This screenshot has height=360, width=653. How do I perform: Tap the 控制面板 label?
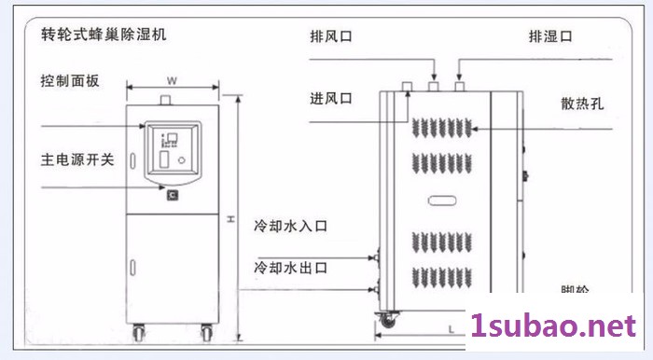pyautogui.click(x=67, y=82)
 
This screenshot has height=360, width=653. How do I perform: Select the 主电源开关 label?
pyautogui.click(x=76, y=159)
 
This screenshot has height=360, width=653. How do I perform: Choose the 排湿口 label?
pyautogui.click(x=549, y=38)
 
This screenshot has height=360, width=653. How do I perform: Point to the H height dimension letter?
pyautogui.click(x=229, y=220)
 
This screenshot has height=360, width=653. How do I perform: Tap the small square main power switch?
pyautogui.click(x=173, y=194)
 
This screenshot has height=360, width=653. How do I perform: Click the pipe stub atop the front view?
pyautogui.click(x=169, y=100)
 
